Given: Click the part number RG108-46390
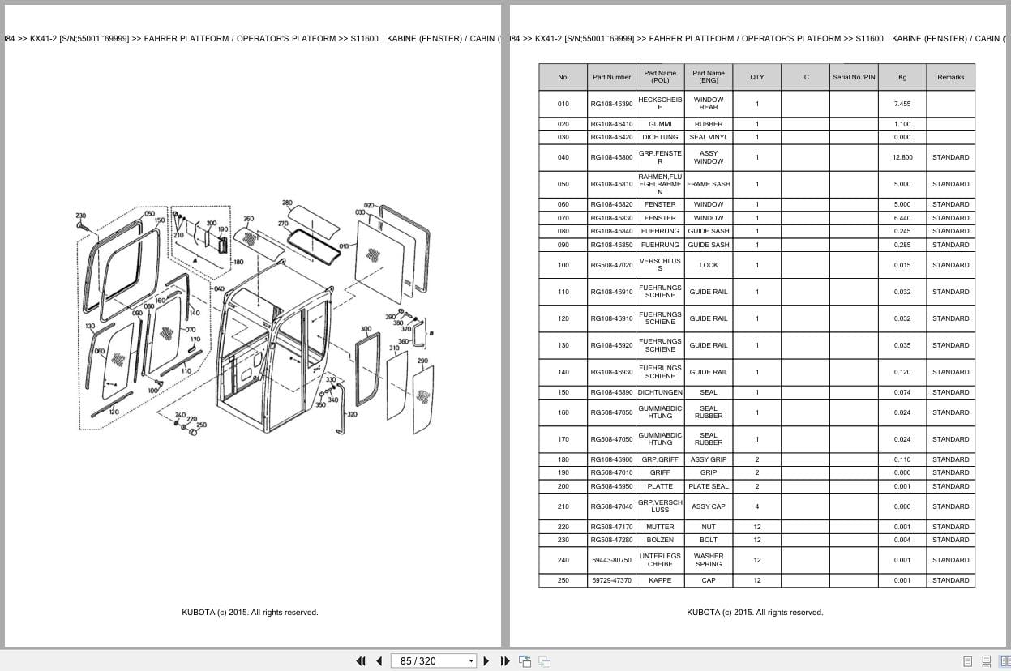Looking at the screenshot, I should point(611,104).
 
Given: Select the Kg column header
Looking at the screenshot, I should point(902,77).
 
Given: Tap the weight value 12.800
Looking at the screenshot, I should point(902,157).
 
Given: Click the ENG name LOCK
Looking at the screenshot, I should point(708,265).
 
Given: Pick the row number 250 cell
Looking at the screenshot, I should point(563,580).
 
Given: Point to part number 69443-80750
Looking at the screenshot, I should point(611,560).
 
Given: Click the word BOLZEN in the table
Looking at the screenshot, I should point(660,540).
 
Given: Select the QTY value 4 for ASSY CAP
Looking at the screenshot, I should point(756,506).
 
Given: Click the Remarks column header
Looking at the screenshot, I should point(950,77).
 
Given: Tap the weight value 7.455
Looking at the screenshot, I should point(902,104).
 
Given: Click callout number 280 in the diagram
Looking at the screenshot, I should point(287,203).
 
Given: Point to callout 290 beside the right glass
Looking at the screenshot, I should point(422,361).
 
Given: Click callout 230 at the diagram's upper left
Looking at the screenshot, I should point(80,216).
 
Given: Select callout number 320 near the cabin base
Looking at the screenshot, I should point(352,414).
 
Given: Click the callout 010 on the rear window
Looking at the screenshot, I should point(344,246).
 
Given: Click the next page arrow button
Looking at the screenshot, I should point(486,660).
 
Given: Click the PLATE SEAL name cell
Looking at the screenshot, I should point(708,486).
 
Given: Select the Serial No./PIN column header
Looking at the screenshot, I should point(853,77).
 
